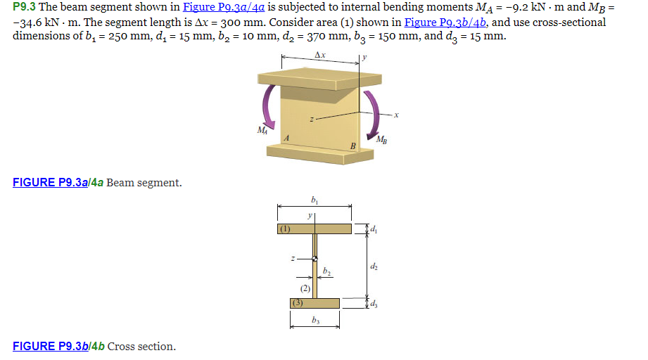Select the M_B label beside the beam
point(381,139)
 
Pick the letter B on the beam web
point(352,145)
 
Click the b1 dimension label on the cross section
point(314,200)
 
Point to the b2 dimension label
point(326,271)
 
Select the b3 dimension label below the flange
point(315,320)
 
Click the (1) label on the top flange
point(284,229)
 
